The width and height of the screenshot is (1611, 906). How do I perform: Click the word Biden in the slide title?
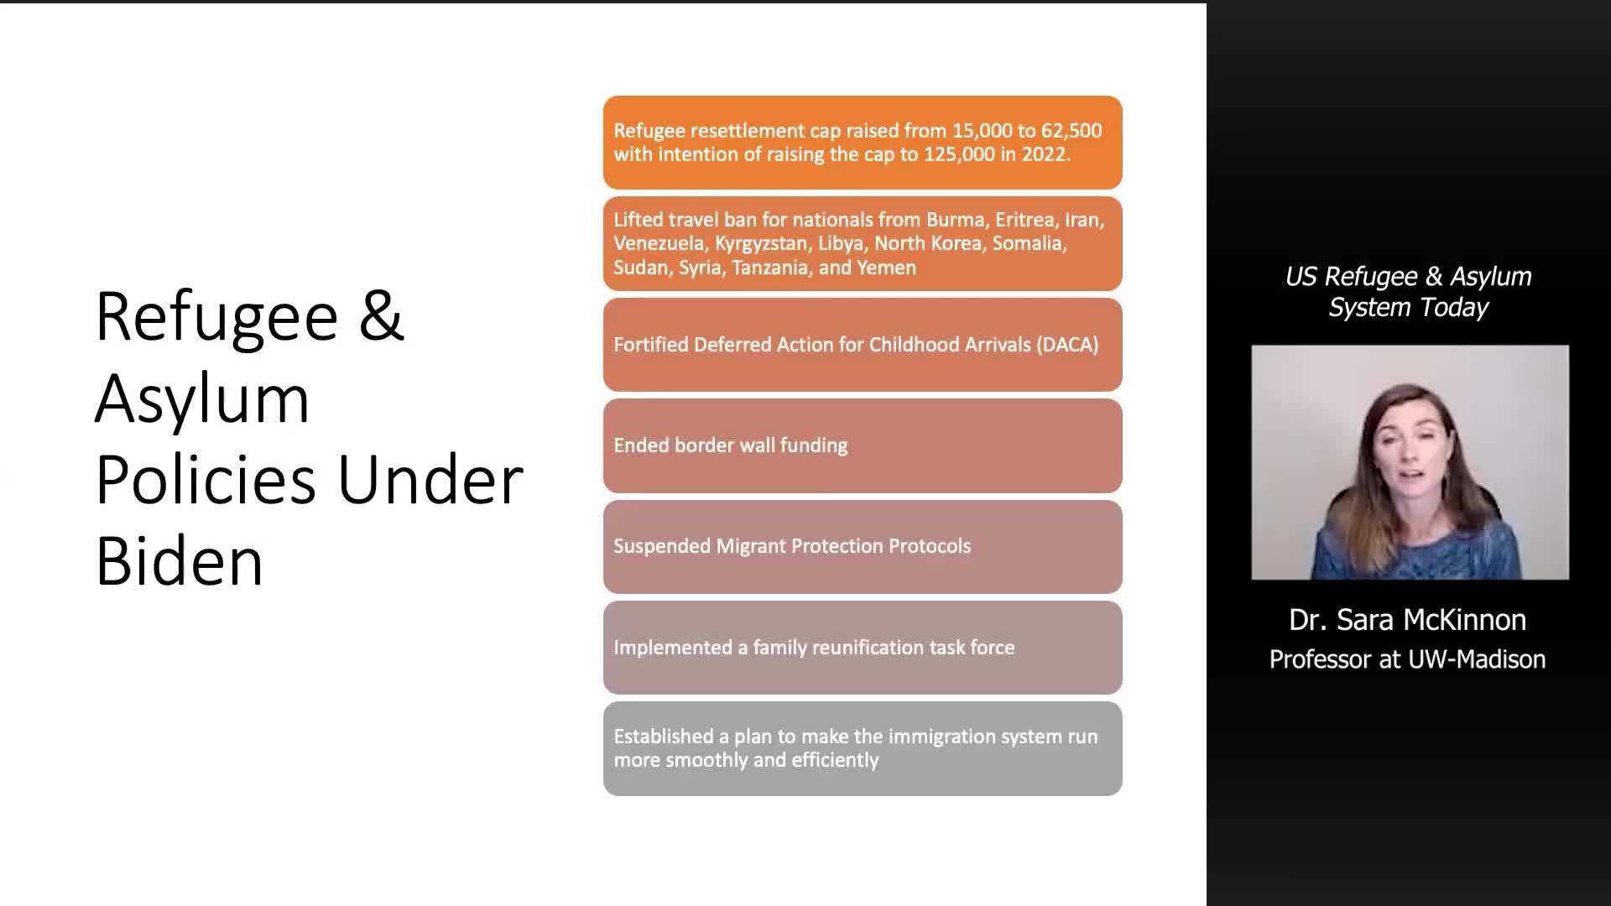point(180,560)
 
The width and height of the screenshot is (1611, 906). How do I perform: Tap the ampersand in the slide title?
point(382,315)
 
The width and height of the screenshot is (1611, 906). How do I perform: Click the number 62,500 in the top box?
point(1071,131)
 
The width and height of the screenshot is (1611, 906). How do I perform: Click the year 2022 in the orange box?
point(1044,154)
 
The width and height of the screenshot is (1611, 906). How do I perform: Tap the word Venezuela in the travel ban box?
point(659,243)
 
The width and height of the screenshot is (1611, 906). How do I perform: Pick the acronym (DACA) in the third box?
point(1067,345)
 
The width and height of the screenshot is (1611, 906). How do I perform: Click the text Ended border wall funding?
point(731,445)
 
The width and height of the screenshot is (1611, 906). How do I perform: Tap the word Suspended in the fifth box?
point(662,546)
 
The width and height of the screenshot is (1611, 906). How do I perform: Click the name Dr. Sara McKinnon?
point(1407,620)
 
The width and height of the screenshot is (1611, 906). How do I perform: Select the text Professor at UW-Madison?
point(1407,659)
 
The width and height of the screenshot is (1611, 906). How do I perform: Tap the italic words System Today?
point(1409,308)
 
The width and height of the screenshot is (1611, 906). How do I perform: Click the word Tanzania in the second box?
point(770,268)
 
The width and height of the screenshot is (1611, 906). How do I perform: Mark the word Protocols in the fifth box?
point(930,546)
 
